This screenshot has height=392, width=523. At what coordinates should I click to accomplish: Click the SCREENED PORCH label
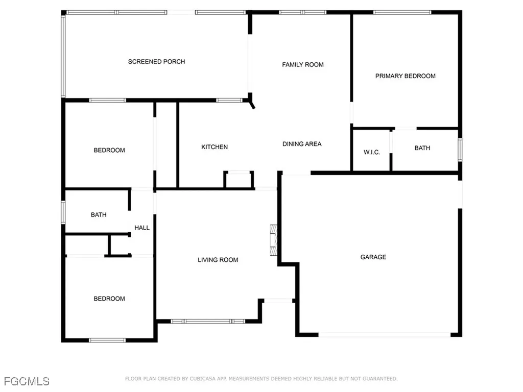pyautogui.click(x=156, y=62)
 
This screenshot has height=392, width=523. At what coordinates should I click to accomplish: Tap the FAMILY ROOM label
pyautogui.click(x=303, y=65)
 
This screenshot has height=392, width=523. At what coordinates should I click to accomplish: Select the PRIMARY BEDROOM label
pyautogui.click(x=405, y=76)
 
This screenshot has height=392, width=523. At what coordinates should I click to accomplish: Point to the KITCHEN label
pyautogui.click(x=215, y=147)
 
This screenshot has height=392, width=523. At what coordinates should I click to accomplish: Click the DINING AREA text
pyautogui.click(x=302, y=144)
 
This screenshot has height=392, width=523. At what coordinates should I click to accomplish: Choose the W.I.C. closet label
pyautogui.click(x=372, y=152)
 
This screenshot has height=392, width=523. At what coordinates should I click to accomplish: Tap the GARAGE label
pyautogui.click(x=373, y=257)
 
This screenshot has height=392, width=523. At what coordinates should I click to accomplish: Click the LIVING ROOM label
pyautogui.click(x=218, y=260)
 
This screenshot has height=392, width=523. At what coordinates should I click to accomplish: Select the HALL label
pyautogui.click(x=142, y=228)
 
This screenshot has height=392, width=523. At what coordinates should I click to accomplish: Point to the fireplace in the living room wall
pyautogui.click(x=274, y=240)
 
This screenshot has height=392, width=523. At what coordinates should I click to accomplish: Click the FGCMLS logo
pyautogui.click(x=27, y=381)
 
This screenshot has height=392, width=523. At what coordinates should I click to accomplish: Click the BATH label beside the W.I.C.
pyautogui.click(x=422, y=148)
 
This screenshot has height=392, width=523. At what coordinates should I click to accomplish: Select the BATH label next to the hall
pyautogui.click(x=99, y=215)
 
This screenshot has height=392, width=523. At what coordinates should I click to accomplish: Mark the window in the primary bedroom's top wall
pyautogui.click(x=402, y=13)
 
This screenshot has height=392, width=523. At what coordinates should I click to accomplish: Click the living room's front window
pyautogui.click(x=208, y=322)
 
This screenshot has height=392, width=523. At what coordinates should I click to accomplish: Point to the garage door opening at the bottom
pyautogui.click(x=385, y=335)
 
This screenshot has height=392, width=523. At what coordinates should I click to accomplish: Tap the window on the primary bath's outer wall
pyautogui.click(x=460, y=150)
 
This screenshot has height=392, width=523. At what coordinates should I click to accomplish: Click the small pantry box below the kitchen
pyautogui.click(x=239, y=180)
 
